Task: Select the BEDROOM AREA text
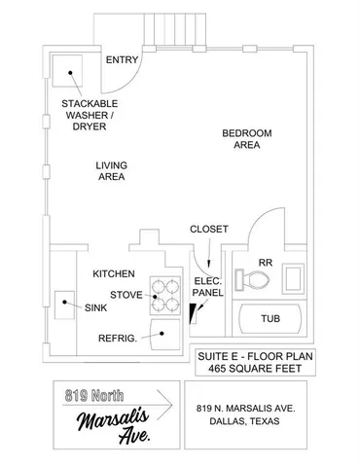246,139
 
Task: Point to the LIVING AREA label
111,171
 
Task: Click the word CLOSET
208,229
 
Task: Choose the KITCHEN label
114,273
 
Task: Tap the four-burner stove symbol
165,295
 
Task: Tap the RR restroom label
265,262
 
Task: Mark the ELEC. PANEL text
207,286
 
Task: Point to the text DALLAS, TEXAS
236,423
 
